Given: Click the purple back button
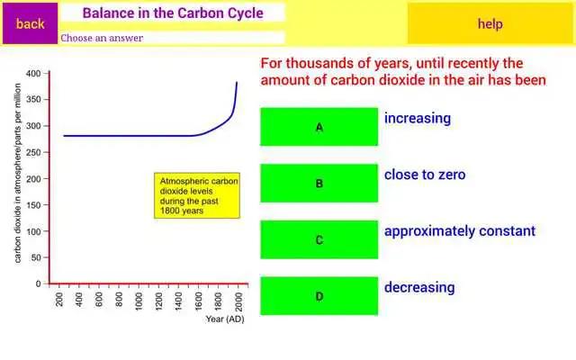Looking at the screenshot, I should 30,24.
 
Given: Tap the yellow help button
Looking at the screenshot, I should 490,24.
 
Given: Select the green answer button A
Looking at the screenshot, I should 319,127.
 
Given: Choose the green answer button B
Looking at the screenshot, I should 319,183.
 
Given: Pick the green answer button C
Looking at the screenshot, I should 319,239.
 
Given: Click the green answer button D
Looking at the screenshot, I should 319,296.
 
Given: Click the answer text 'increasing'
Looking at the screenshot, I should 418,119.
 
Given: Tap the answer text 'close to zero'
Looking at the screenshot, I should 425,175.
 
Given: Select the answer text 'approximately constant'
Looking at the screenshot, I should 459,231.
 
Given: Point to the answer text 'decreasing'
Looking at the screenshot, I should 419,288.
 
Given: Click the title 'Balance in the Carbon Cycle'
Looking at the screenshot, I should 173,13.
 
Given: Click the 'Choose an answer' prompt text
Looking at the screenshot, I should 102,38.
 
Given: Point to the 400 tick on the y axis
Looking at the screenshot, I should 34,73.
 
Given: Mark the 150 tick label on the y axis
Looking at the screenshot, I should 34,204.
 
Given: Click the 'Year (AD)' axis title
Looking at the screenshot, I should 224,319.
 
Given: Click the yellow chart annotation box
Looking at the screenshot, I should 197,195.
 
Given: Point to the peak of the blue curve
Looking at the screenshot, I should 237,82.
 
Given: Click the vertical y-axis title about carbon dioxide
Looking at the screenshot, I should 18,178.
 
